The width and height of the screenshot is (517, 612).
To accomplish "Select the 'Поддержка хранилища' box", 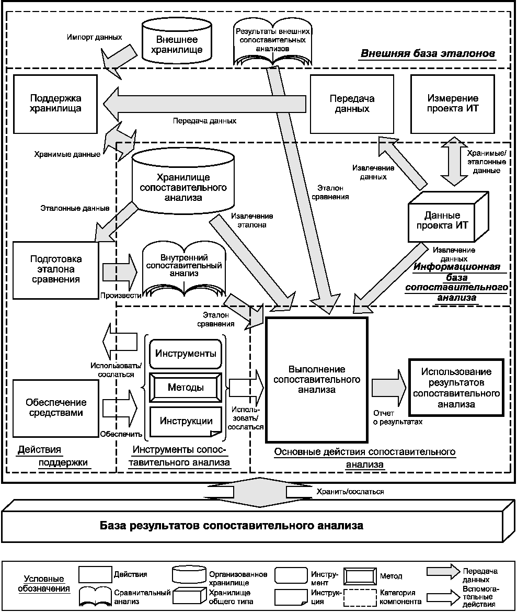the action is tap(55, 104).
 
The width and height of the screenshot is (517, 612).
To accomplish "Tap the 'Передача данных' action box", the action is tap(352, 104).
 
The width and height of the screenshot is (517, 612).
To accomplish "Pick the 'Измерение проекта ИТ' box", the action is tap(453, 104).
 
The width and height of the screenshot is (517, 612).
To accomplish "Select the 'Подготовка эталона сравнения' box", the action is tap(56, 270).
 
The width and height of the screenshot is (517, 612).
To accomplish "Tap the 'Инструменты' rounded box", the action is tap(186, 354).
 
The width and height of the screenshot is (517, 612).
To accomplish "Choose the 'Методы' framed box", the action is tap(186, 387).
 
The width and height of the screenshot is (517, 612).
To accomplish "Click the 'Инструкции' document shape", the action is tap(186, 422).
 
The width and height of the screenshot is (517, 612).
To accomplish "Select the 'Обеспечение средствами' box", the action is tap(56, 408).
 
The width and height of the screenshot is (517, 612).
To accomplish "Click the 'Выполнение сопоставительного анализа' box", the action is tap(316, 379).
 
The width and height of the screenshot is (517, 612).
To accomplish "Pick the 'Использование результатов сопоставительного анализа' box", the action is tap(456, 388).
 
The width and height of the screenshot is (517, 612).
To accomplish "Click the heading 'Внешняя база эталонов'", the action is tap(428, 53).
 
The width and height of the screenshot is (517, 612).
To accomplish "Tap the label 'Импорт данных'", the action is tap(95, 38).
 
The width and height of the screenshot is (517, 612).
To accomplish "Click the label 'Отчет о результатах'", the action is tap(398, 417).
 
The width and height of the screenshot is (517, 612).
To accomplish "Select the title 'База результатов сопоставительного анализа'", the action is tap(232, 525).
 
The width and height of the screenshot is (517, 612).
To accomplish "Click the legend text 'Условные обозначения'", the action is tap(44, 584).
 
